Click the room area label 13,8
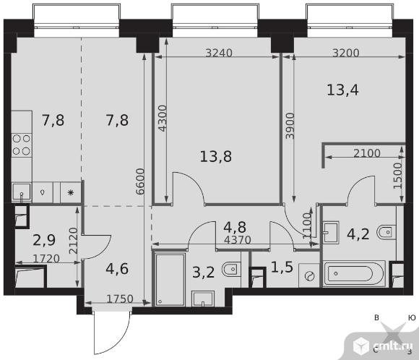click(216, 156)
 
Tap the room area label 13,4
click(343, 90)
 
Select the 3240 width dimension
click(219, 53)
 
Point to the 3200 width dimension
click(346, 53)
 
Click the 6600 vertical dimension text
click(140, 181)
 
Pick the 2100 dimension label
click(367, 153)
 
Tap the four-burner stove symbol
click(22, 145)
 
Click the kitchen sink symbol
click(22, 192)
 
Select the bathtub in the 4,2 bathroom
click(354, 273)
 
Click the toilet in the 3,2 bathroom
click(231, 269)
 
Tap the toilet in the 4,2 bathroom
click(386, 231)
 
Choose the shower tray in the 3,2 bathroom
click(170, 280)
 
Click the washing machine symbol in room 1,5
click(309, 275)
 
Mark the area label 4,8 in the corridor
click(235, 227)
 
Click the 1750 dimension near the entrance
click(120, 299)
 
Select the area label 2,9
click(44, 240)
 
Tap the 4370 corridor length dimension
click(238, 240)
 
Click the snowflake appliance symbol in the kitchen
click(71, 192)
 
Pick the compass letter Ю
click(412, 317)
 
